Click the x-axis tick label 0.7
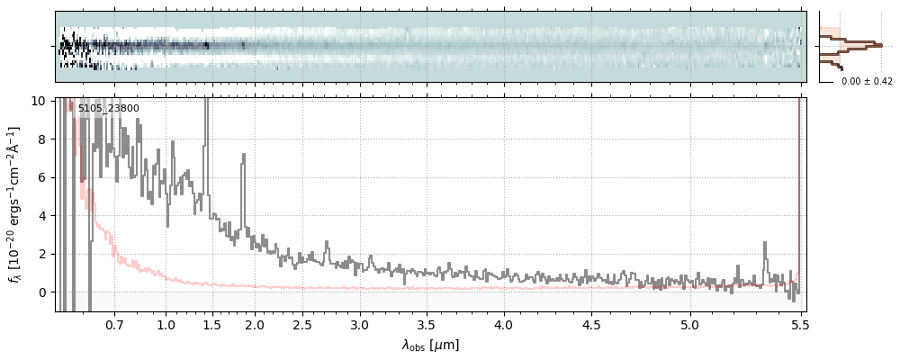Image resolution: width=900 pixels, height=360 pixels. point(114,324)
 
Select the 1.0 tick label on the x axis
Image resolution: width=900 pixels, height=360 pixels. point(166,324)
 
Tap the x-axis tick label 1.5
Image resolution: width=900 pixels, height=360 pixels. point(212,324)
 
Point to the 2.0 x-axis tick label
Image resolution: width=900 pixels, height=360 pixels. point(255,324)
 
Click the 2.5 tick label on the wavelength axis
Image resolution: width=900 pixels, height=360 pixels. point(303,324)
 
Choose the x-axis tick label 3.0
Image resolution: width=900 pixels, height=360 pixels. point(359,324)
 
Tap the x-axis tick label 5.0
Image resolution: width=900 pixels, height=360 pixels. point(690,324)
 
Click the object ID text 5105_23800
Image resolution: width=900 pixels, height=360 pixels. point(108,109)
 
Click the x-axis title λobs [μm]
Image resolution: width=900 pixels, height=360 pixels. point(430,345)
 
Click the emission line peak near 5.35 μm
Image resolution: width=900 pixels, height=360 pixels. point(765,243)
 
